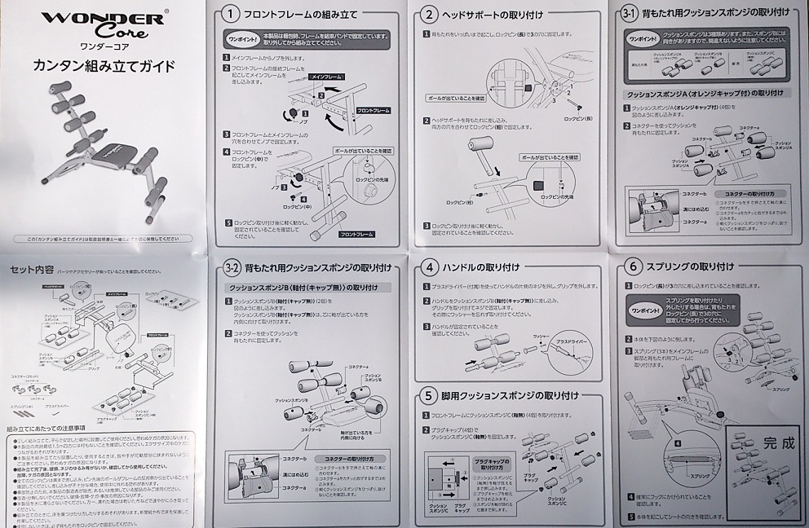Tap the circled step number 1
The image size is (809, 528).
(232, 14)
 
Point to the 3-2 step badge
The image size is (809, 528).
(232, 268)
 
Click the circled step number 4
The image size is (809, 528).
(429, 267)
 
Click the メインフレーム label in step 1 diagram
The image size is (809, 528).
(325, 76)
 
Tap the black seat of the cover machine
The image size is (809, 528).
(110, 152)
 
